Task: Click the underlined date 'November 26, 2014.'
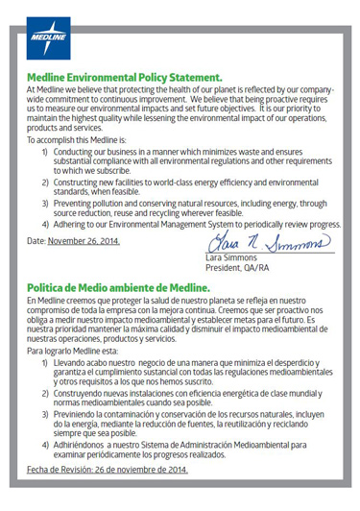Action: [x=84, y=240]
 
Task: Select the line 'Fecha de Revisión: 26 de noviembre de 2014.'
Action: [x=107, y=470]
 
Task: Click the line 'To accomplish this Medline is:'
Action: [x=84, y=138]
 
